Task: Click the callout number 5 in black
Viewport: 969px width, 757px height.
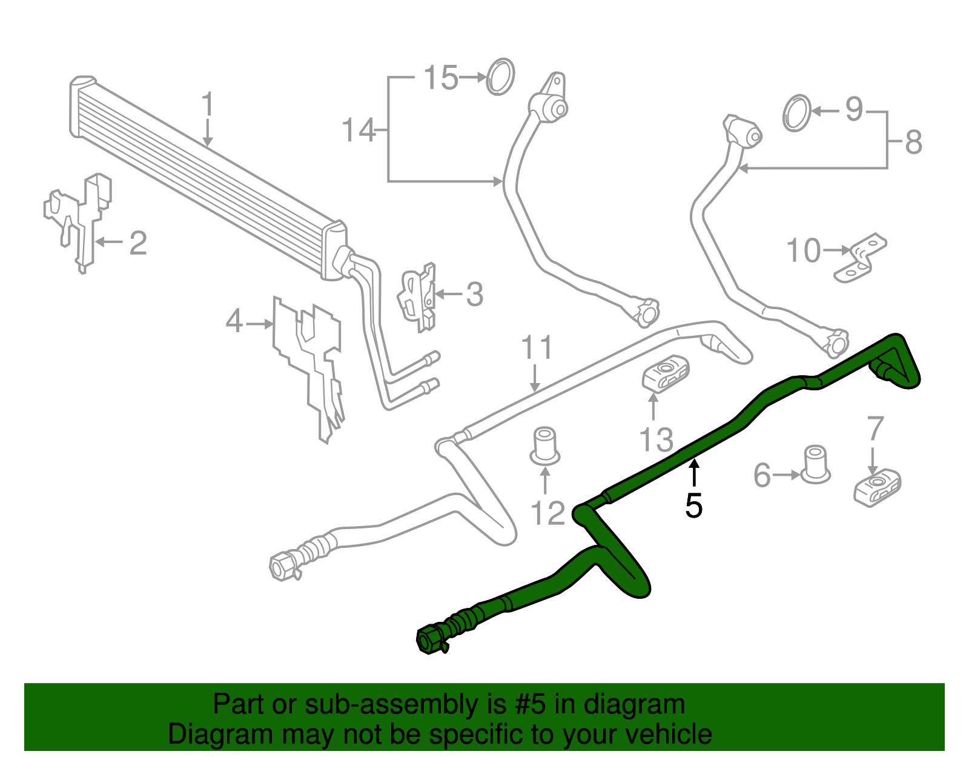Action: [x=694, y=506]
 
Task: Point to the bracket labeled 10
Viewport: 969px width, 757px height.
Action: [x=860, y=258]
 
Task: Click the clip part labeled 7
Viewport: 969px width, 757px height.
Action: [x=877, y=487]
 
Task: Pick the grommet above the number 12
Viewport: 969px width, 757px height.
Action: [x=545, y=447]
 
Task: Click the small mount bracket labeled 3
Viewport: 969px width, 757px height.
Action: [x=417, y=297]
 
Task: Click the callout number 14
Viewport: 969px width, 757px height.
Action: [x=359, y=130]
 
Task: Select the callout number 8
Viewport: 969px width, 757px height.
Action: [x=913, y=142]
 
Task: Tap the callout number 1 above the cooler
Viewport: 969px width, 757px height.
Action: [x=208, y=104]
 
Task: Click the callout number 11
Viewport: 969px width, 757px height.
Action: [x=537, y=347]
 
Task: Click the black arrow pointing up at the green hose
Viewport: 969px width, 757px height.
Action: [x=694, y=473]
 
